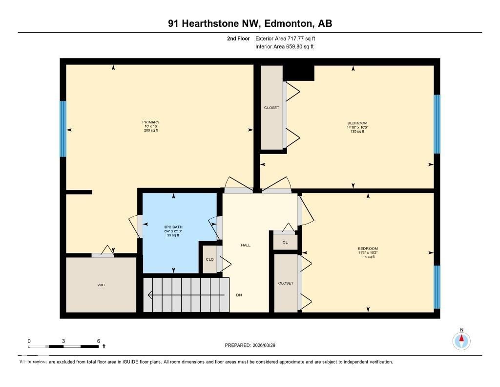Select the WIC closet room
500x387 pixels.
pos(101,285)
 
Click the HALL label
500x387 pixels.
pos(245,245)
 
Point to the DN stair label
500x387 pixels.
pos(239,295)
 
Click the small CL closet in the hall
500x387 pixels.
pos(285,242)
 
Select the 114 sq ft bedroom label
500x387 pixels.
pos(368,252)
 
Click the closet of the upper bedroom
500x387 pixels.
pos(271,108)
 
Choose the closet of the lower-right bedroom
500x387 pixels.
pos(286,283)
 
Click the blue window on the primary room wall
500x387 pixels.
pos(63,129)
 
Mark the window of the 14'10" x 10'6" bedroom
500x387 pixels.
pos(437,124)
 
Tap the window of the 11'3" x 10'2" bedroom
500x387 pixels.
pos(437,287)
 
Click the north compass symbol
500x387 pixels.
pos(461,340)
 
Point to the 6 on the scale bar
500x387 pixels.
pos(99,341)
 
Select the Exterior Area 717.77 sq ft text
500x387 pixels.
pos(288,38)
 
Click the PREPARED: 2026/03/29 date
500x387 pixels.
pos(253,345)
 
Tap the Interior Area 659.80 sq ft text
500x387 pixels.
pos(284,47)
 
